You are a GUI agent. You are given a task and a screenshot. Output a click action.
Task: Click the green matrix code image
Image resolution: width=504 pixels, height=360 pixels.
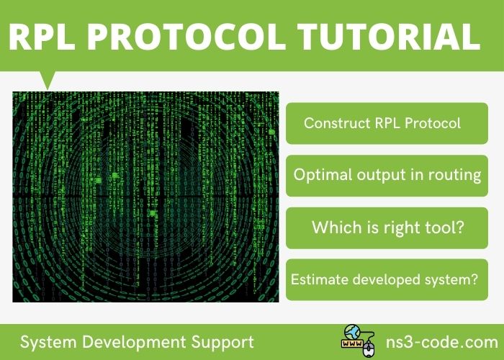pos(145,197)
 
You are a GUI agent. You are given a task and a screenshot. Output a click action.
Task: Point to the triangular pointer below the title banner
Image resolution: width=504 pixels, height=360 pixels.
pos(48,78)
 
